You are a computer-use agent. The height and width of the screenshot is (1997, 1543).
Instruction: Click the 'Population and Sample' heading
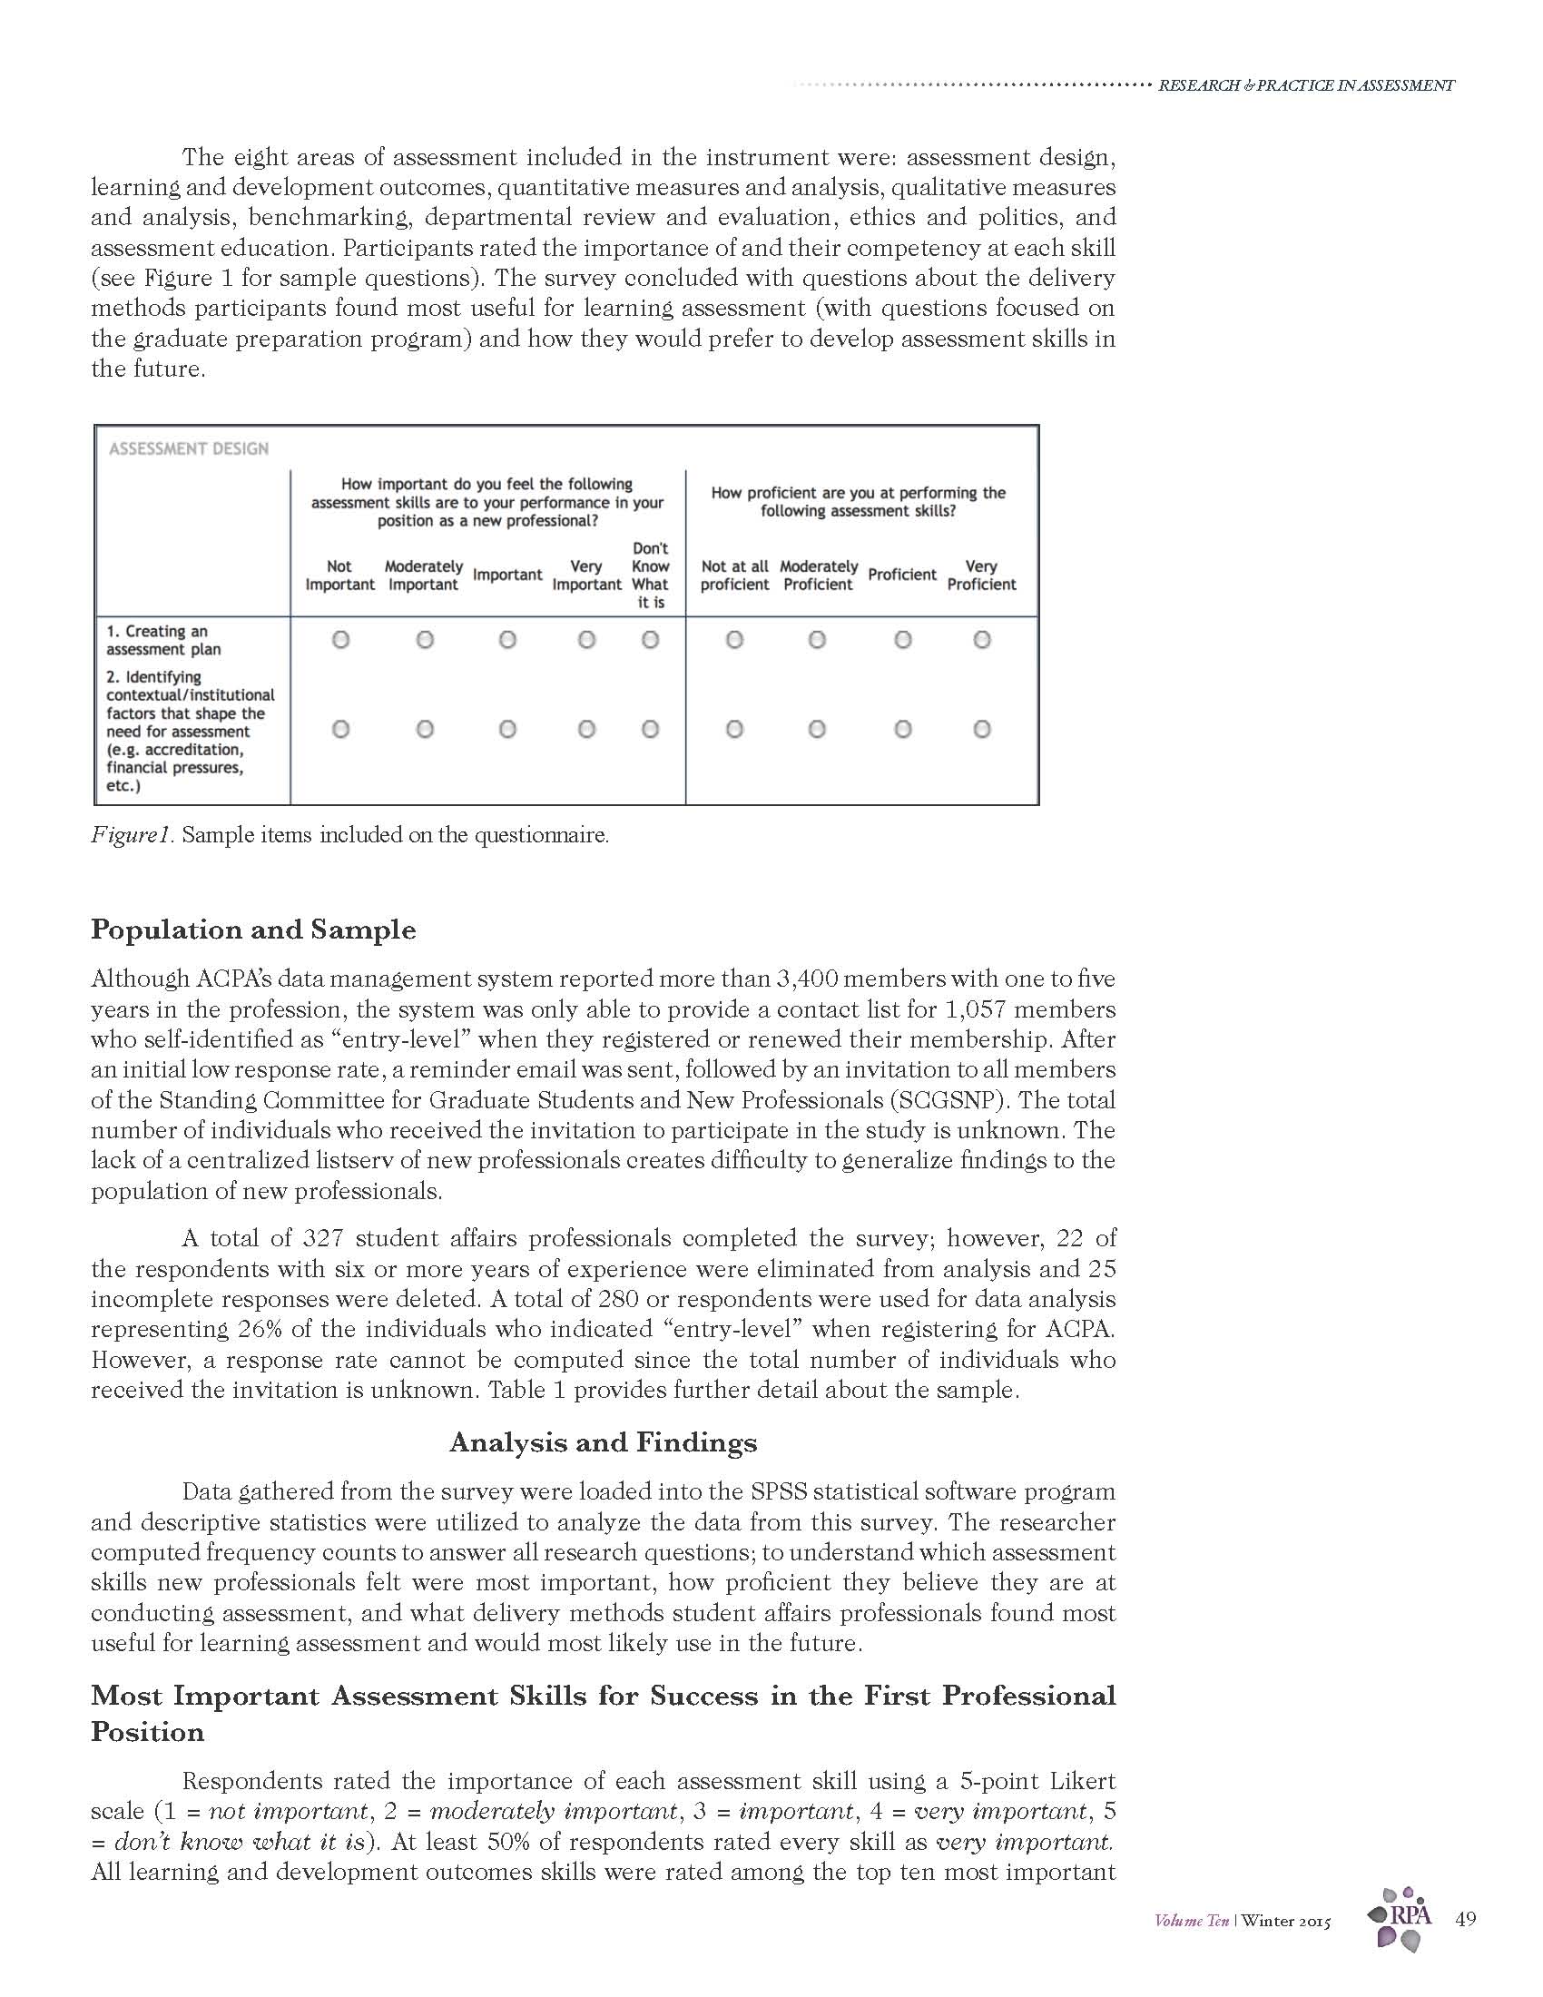(253, 929)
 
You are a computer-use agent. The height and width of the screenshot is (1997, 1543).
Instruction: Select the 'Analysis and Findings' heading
(604, 1442)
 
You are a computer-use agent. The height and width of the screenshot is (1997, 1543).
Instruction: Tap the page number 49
(1465, 1918)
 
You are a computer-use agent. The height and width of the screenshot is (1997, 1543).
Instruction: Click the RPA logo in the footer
(1401, 1917)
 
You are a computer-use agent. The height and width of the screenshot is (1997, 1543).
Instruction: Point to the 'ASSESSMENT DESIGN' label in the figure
(188, 449)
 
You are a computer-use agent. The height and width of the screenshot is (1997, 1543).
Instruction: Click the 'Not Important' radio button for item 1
(340, 640)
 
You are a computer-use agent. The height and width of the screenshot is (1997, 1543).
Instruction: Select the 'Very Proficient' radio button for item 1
(982, 640)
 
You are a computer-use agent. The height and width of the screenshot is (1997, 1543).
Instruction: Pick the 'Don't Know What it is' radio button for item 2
(650, 729)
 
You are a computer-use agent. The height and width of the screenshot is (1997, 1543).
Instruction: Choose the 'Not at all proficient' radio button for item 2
(734, 729)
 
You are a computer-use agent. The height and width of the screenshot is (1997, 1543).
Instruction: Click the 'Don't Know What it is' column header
(650, 575)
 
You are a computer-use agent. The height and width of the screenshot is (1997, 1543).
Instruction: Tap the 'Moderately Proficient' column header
(818, 575)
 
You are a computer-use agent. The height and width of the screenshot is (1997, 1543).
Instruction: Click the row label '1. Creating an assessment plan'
(163, 640)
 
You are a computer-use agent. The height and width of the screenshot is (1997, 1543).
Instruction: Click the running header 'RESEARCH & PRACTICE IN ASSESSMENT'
(1305, 86)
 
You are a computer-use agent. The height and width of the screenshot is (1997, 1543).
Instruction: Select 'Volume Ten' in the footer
(1191, 1920)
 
